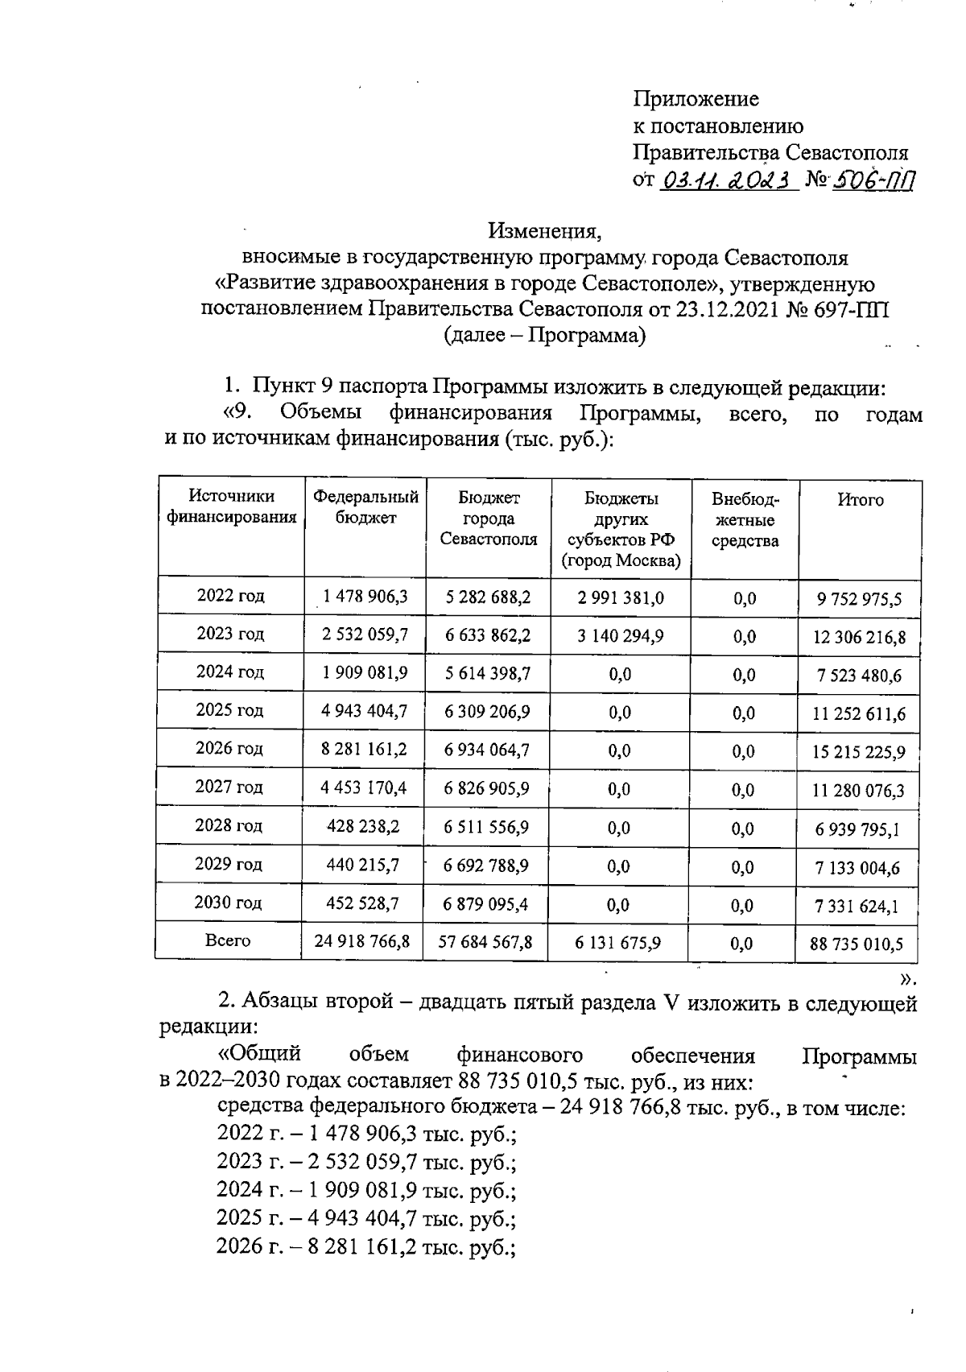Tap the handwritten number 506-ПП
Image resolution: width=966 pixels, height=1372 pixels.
[x=873, y=180]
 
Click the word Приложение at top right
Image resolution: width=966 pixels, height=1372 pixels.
[x=696, y=99]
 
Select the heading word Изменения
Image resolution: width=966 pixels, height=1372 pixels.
[x=544, y=231]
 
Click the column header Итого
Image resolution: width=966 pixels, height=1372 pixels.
[x=860, y=500]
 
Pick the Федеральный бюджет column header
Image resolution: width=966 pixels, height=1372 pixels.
[x=365, y=507]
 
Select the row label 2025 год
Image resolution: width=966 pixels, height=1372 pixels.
[x=229, y=710]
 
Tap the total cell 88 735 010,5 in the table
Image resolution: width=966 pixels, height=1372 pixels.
[x=857, y=944]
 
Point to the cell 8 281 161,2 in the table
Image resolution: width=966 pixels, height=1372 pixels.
[x=364, y=750]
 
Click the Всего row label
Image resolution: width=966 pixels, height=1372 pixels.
[x=228, y=940]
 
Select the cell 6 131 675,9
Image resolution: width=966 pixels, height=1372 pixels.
[x=618, y=943]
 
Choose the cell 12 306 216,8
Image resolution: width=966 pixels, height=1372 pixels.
[x=859, y=638]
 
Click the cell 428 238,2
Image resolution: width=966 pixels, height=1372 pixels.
[x=363, y=826]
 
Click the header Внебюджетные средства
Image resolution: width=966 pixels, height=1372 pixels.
[x=745, y=520]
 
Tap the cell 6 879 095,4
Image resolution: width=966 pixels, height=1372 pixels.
[x=485, y=904]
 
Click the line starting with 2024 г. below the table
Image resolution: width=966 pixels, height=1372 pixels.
[x=365, y=1189]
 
